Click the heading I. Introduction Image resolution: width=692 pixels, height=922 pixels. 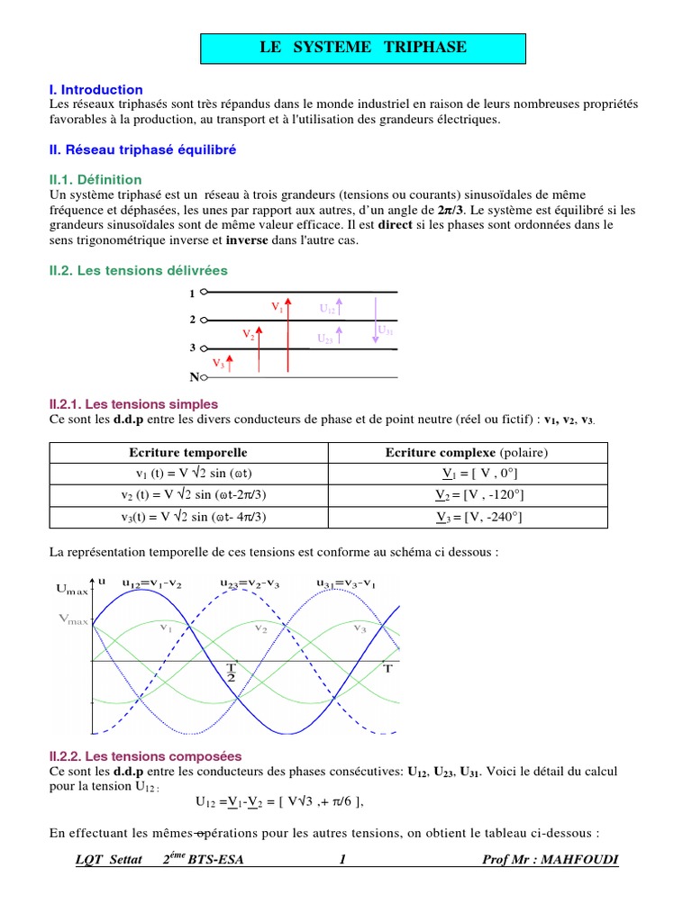(96, 90)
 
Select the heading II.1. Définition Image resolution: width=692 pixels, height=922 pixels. (96, 180)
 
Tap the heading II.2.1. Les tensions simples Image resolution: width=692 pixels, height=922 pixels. (133, 404)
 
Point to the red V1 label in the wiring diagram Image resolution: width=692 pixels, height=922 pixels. (278, 307)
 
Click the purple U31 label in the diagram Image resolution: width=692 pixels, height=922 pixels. (386, 330)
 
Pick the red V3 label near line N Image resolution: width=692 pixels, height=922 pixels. (218, 363)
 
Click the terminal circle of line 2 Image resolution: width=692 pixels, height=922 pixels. (204, 320)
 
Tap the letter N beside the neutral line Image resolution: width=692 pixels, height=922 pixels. (194, 377)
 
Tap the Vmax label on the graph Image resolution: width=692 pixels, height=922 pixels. (74, 619)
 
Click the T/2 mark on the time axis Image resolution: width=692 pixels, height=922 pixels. (232, 671)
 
